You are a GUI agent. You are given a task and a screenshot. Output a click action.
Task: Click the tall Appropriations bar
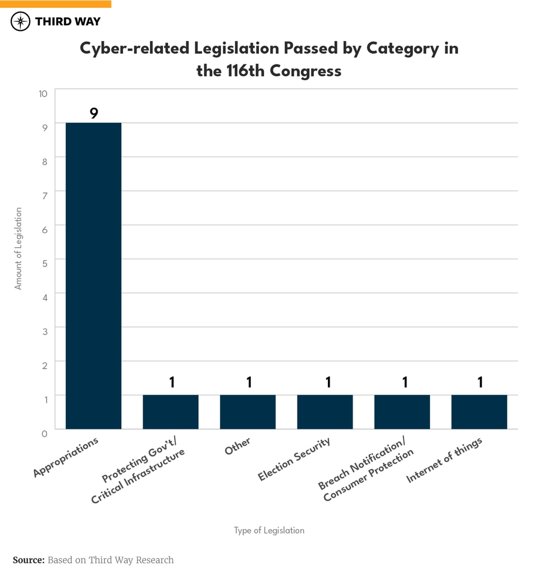93,276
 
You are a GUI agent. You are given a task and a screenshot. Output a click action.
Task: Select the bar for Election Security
325,412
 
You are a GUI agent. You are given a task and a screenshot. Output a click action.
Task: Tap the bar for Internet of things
479,412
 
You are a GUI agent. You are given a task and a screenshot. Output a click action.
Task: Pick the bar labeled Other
248,412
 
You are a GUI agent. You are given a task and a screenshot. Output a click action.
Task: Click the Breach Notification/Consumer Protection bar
402,412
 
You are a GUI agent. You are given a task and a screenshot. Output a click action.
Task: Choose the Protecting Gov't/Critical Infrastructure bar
171,412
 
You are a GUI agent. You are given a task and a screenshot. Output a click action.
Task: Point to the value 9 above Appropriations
94,113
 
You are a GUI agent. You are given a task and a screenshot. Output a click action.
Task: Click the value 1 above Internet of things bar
480,382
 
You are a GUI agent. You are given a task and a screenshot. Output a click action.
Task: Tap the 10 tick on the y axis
43,93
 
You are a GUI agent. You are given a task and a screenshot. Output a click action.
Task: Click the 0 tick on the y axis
44,433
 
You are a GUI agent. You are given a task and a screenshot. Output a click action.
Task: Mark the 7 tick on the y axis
44,194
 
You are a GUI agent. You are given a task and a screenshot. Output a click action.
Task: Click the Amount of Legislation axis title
19,248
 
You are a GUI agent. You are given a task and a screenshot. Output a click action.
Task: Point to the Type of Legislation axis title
269,530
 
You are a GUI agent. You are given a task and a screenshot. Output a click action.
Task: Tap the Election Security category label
294,458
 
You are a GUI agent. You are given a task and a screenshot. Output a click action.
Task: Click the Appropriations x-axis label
66,457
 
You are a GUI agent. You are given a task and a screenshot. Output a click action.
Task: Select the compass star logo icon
21,21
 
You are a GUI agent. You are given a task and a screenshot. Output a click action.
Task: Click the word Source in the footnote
28,560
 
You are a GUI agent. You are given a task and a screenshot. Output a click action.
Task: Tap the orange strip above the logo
56,3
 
